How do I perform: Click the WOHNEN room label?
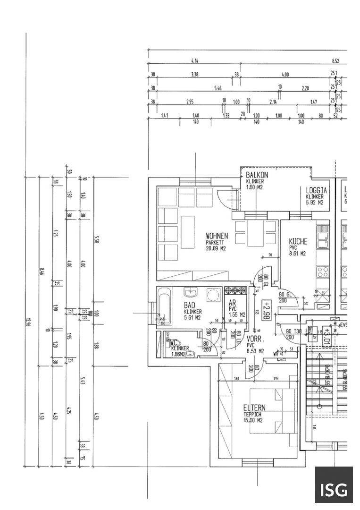pyautogui.click(x=217, y=236)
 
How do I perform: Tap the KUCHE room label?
pyautogui.click(x=298, y=241)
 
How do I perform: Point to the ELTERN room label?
pyautogui.click(x=254, y=408)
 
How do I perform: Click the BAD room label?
pyautogui.click(x=190, y=306)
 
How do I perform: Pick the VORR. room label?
pyautogui.click(x=254, y=339)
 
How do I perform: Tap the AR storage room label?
pyautogui.click(x=232, y=304)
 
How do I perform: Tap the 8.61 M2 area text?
pyautogui.click(x=298, y=254)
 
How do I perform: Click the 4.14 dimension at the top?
pyautogui.click(x=194, y=61)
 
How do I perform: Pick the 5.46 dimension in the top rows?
pyautogui.click(x=218, y=88)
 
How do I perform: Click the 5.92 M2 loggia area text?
pyautogui.click(x=314, y=203)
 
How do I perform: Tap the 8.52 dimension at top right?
pyautogui.click(x=335, y=61)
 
